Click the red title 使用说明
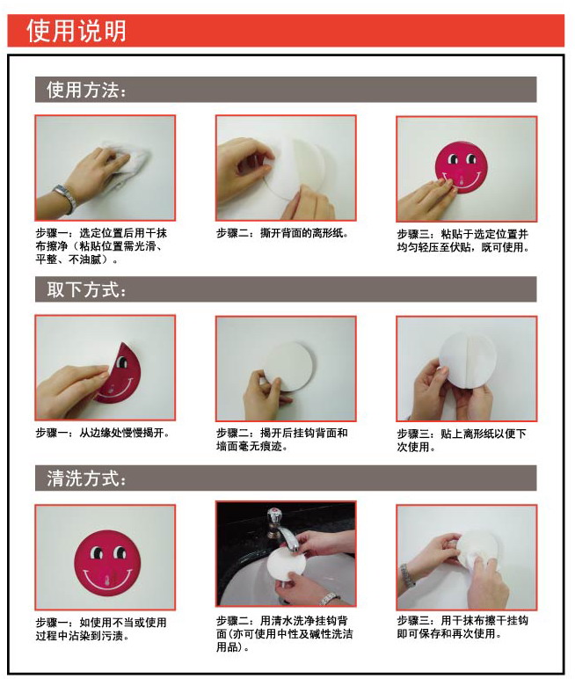click(x=76, y=31)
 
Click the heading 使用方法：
click(x=86, y=90)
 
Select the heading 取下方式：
click(x=86, y=289)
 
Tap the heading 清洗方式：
click(x=86, y=479)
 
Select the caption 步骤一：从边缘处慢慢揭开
click(x=103, y=434)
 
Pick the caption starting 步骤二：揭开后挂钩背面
click(x=282, y=440)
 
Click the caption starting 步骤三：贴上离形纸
click(x=462, y=440)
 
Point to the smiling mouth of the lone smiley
click(x=106, y=580)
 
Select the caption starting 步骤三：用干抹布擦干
click(x=462, y=626)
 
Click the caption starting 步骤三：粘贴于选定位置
click(x=462, y=240)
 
